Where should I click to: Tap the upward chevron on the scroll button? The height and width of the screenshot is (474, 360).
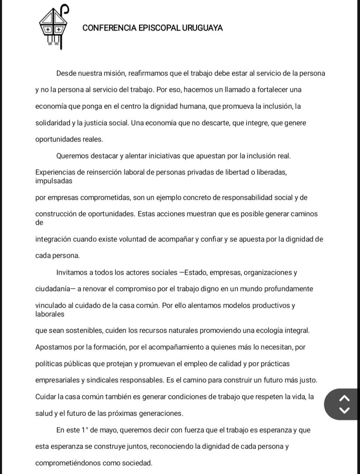pyautogui.click(x=345, y=398)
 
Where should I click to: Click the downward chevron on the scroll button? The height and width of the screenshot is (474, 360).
pyautogui.click(x=345, y=410)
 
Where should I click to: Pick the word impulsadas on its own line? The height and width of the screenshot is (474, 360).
pyautogui.click(x=54, y=181)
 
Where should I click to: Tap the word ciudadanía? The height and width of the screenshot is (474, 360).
pyautogui.click(x=53, y=289)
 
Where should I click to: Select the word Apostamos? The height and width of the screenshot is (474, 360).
pyautogui.click(x=53, y=347)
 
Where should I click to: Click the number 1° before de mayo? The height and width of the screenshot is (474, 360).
pyautogui.click(x=84, y=430)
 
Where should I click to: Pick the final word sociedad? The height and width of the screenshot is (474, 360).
pyautogui.click(x=136, y=463)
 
